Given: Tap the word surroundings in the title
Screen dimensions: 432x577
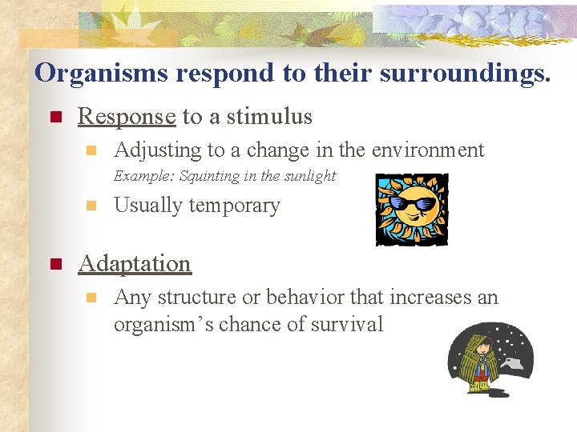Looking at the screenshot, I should pos(471,73).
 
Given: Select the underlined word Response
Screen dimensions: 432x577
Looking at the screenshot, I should pos(127,117).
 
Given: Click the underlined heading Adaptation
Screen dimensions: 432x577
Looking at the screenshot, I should pos(135,263).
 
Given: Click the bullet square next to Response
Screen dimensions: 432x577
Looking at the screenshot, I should pos(55,118).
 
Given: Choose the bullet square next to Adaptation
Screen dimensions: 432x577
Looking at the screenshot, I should pos(55,264).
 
